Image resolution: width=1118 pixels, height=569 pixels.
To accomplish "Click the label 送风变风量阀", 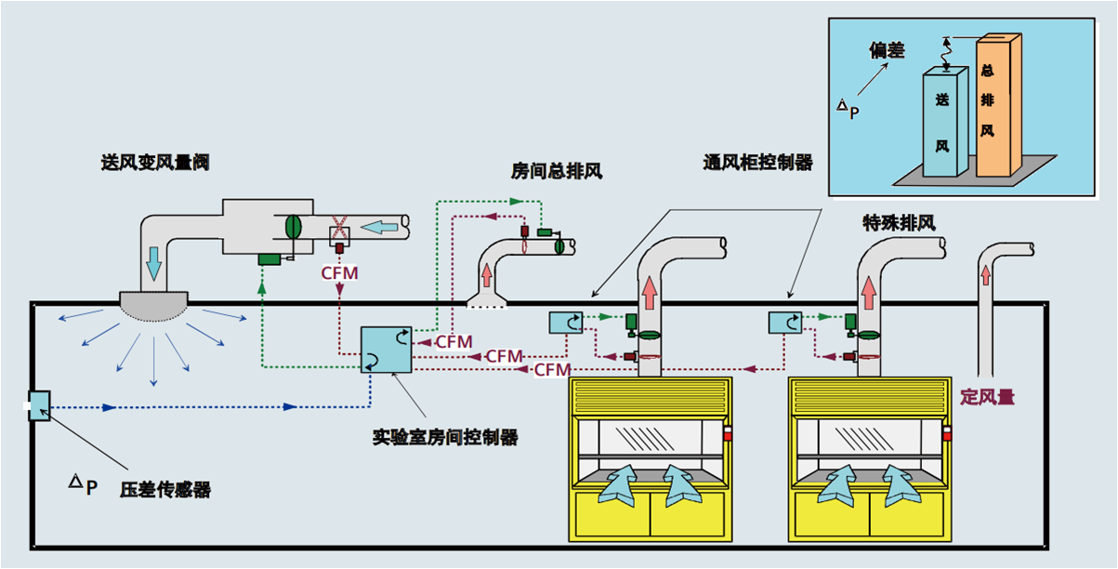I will coord(154,163).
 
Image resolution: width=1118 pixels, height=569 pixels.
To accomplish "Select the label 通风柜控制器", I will coord(757,163).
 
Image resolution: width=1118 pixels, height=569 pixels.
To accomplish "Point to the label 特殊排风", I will coord(898,223).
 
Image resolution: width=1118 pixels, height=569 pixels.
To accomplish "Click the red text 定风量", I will coord(987,397).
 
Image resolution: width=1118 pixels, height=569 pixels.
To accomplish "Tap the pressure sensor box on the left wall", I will coord(40,405).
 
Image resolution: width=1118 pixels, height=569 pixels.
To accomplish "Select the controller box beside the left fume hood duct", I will coord(565,323).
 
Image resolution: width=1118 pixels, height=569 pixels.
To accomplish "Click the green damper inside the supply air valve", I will coord(293,226).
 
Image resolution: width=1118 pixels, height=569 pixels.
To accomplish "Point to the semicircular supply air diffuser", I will coord(153,304).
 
